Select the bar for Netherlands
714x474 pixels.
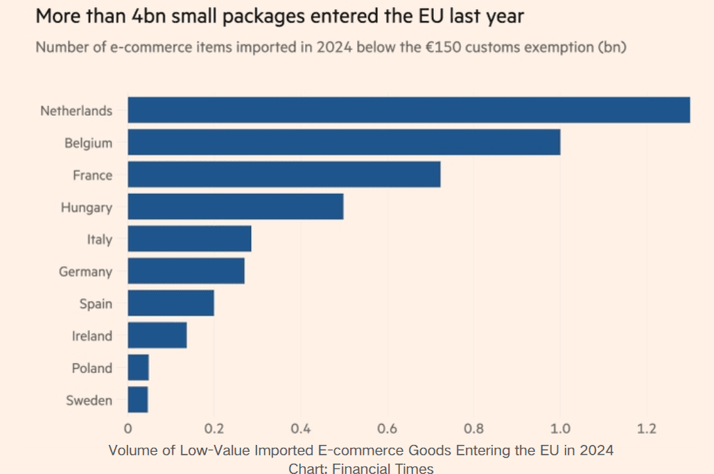click(x=409, y=110)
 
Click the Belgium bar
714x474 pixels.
click(x=344, y=143)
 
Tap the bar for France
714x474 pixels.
click(x=284, y=175)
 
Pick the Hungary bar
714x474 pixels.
click(x=236, y=207)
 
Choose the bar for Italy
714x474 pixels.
click(x=189, y=239)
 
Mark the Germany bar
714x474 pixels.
click(x=186, y=271)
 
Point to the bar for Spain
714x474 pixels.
click(x=171, y=303)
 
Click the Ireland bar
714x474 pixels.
click(x=157, y=335)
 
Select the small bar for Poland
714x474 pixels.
click(x=138, y=367)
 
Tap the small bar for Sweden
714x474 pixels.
click(x=137, y=400)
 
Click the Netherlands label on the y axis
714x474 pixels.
click(x=76, y=111)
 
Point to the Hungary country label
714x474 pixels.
click(x=86, y=207)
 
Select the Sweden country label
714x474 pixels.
click(x=89, y=401)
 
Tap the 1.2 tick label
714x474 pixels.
click(x=647, y=429)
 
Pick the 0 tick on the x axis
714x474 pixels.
click(x=128, y=429)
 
